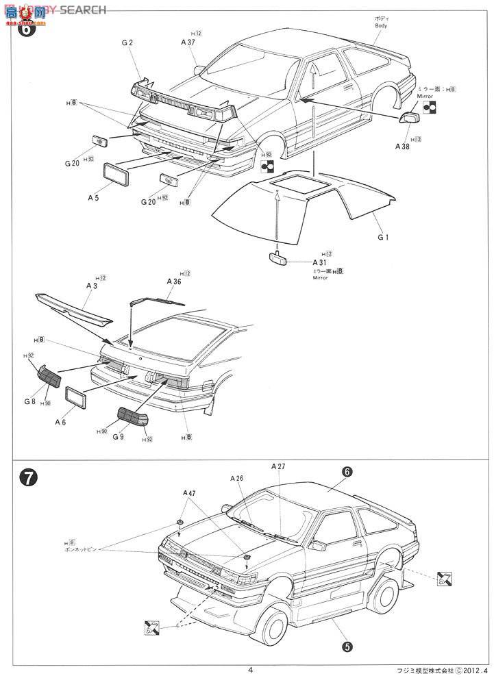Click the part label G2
pos(127,42)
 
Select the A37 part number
pos(188,42)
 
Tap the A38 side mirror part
pos(411,117)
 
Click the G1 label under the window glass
pos(382,238)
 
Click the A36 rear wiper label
pos(173,281)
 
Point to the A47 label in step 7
pos(189,492)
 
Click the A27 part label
pos(278,466)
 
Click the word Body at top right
pos(382,25)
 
